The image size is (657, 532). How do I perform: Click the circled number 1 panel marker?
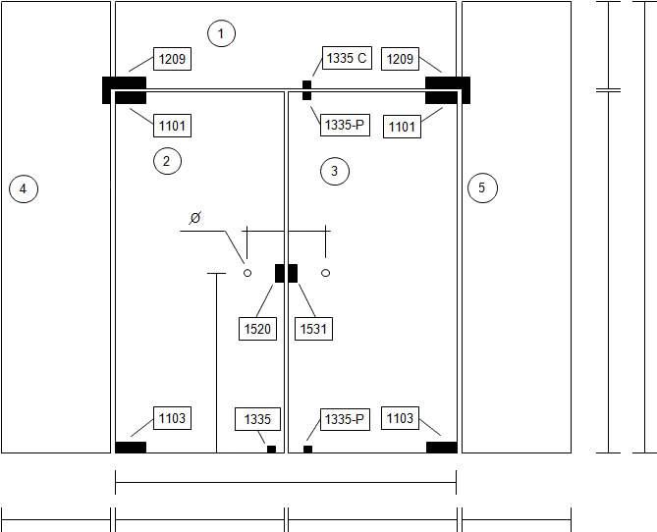click(221, 33)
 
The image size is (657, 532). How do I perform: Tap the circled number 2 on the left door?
click(167, 161)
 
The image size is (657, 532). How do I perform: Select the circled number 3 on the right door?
click(335, 171)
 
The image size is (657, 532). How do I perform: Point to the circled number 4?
click(24, 188)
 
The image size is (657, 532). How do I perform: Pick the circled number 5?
click(483, 187)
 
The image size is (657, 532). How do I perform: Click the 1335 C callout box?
click(347, 58)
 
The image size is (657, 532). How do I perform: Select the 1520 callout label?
click(257, 329)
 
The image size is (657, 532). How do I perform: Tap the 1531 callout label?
click(314, 329)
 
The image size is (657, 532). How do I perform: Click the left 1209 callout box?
click(172, 59)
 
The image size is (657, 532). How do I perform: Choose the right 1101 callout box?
click(402, 127)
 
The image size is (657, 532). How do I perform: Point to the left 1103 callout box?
click(172, 418)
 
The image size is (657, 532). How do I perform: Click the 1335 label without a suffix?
click(257, 419)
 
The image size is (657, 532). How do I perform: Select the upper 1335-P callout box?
click(346, 125)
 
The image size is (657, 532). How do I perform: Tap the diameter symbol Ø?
click(195, 218)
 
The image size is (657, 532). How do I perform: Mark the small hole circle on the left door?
click(247, 273)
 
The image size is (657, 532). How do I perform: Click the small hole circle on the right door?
click(326, 273)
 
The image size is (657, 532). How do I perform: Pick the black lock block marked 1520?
click(280, 273)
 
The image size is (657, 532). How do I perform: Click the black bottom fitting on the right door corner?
click(442, 448)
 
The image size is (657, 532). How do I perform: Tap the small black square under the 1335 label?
click(271, 449)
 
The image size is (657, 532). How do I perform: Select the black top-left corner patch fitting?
click(125, 90)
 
